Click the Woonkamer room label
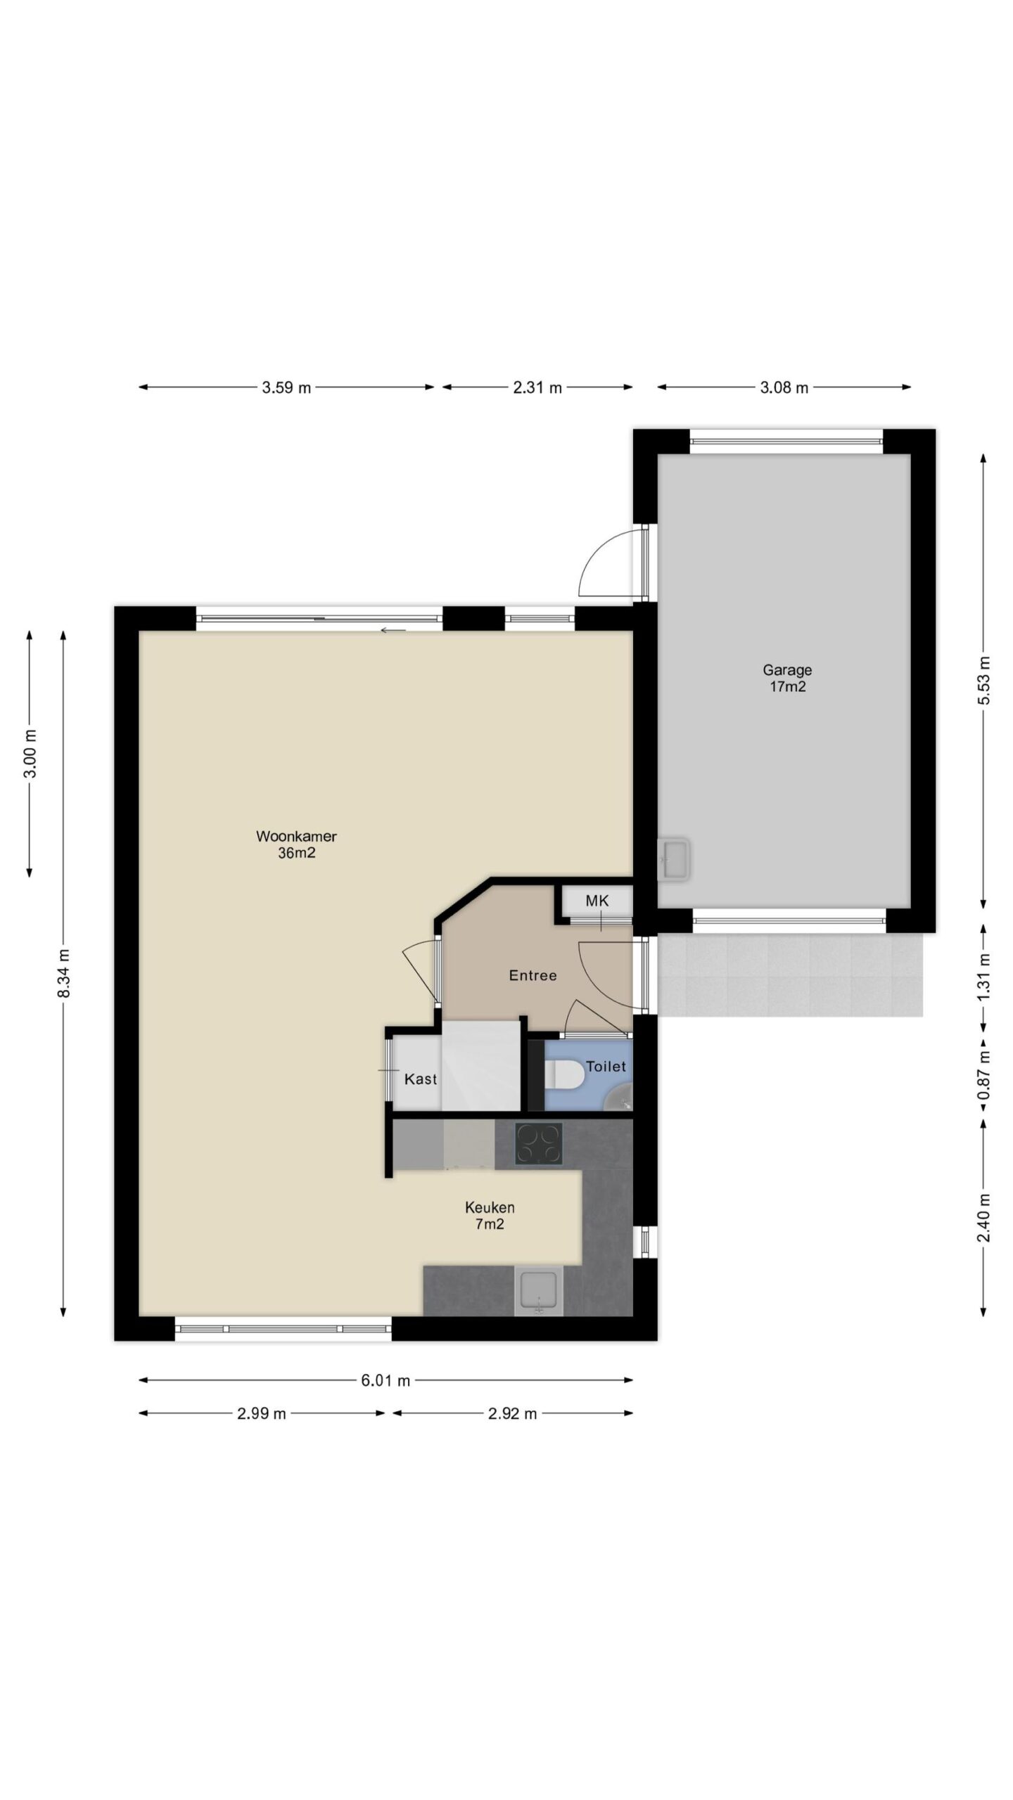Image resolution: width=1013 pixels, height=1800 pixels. [296, 837]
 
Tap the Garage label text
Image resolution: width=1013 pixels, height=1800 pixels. [787, 670]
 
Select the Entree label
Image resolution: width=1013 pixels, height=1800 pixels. [533, 975]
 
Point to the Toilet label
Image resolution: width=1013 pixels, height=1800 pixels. [606, 1067]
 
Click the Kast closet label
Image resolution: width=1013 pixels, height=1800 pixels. [421, 1079]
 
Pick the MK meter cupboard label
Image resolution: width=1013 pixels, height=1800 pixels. [597, 901]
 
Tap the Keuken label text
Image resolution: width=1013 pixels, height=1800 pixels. [490, 1207]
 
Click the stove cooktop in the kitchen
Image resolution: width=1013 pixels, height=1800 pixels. [539, 1143]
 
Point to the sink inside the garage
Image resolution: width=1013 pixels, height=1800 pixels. [674, 859]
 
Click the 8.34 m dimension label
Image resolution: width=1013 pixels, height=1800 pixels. [64, 973]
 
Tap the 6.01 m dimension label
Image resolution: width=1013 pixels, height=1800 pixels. [386, 1380]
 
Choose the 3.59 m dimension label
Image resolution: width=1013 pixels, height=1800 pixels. [286, 387]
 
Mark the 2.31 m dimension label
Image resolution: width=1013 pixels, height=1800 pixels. [537, 387]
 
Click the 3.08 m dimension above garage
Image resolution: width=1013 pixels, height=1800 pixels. [784, 387]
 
